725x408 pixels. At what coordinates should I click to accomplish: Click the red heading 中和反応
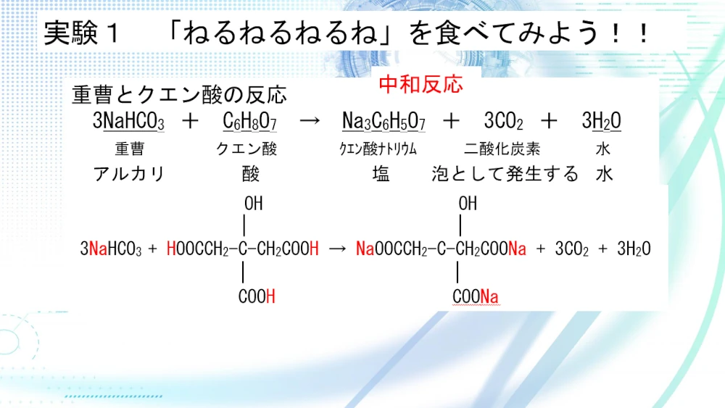(x=420, y=85)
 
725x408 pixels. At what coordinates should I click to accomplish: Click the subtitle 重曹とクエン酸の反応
(x=179, y=95)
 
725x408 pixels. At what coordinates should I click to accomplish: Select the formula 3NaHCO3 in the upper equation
(x=128, y=121)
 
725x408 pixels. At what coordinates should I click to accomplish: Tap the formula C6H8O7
(x=249, y=121)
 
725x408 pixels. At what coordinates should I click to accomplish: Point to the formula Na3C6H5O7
(x=384, y=121)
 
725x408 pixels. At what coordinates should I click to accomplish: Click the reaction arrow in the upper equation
(x=310, y=121)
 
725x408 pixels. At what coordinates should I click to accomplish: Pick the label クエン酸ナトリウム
(x=378, y=149)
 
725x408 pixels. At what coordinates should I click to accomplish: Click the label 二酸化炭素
(x=502, y=149)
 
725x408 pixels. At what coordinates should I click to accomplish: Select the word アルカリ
(x=129, y=174)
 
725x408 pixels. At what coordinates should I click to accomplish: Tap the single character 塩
(x=381, y=174)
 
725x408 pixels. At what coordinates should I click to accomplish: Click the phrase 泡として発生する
(x=505, y=174)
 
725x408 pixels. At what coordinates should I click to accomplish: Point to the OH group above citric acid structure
(x=253, y=204)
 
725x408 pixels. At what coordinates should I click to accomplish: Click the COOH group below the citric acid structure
(x=257, y=296)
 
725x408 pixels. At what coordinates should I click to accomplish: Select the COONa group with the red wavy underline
(x=476, y=296)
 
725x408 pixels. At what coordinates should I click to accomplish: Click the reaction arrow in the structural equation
(x=338, y=249)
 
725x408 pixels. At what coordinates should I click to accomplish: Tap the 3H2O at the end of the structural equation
(x=634, y=249)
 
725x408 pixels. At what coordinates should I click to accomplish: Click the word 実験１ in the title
(x=83, y=33)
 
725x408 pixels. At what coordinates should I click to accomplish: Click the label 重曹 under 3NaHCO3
(x=130, y=149)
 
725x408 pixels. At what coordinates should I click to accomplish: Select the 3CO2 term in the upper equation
(x=504, y=121)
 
